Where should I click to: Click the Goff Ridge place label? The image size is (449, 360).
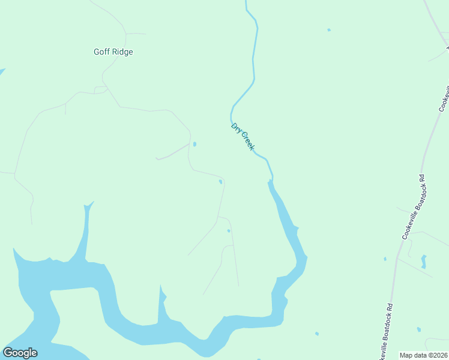(113, 52)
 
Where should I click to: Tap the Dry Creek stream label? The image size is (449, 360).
(243, 136)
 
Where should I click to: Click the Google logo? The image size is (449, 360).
(20, 353)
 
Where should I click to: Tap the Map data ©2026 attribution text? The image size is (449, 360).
(423, 355)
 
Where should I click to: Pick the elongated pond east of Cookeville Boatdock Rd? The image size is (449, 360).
(424, 261)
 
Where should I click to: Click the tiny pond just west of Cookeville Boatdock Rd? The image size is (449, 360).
(385, 259)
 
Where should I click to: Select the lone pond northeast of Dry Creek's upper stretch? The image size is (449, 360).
(328, 29)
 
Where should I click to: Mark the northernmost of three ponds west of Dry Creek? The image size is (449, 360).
(194, 144)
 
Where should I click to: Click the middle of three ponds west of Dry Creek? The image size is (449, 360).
(220, 182)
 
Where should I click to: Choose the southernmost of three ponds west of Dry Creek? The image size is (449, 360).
(229, 230)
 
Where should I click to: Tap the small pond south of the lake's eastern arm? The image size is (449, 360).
(316, 334)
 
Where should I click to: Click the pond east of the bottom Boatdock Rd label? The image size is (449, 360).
(418, 329)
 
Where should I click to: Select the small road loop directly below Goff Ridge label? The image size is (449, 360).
(100, 89)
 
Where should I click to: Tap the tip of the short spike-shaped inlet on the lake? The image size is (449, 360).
(161, 287)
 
